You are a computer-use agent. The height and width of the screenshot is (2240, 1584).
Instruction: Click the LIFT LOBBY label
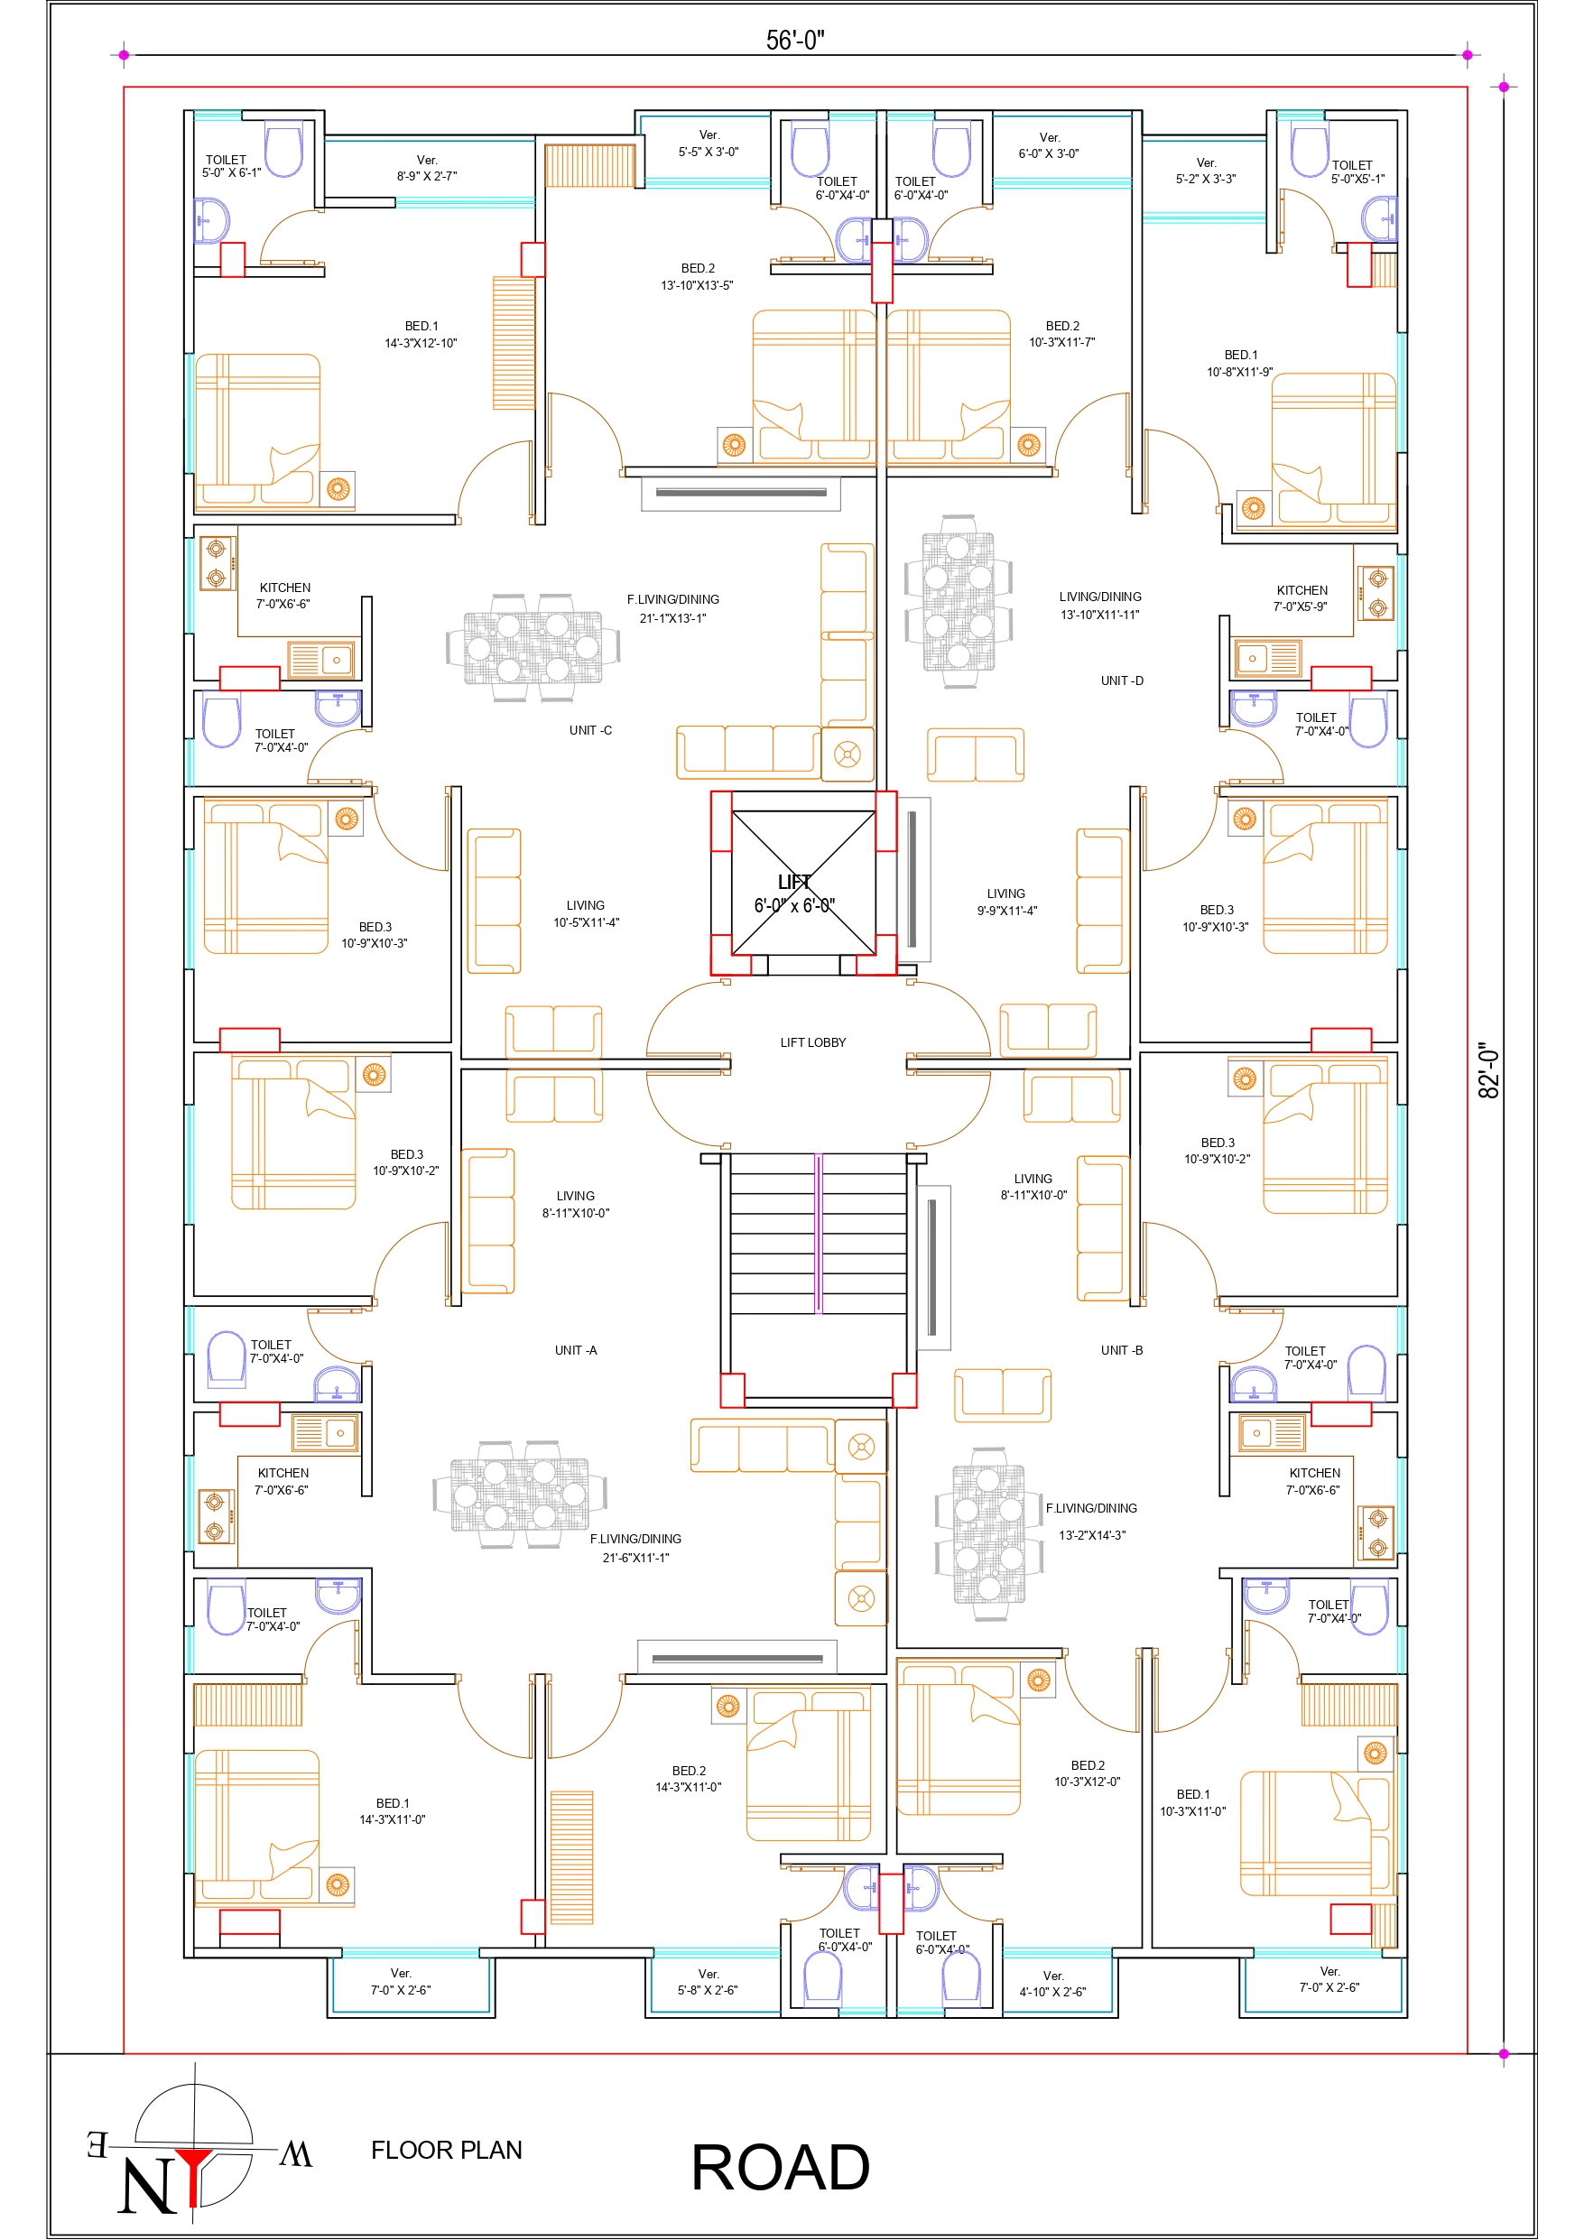(812, 1042)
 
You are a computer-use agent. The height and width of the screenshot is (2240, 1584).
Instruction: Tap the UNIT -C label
(590, 730)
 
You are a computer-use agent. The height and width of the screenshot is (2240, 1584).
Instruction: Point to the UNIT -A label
(576, 1350)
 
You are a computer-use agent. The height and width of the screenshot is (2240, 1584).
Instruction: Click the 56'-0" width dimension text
(794, 39)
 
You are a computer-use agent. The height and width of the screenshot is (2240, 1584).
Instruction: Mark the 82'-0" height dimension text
(1488, 1069)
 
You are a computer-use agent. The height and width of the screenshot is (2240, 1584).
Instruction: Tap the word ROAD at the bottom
(780, 2168)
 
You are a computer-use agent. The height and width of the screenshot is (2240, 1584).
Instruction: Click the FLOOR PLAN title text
(446, 2151)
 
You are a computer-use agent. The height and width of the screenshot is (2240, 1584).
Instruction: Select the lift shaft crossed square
(803, 883)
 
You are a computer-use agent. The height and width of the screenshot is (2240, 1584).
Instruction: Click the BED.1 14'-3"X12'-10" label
(421, 335)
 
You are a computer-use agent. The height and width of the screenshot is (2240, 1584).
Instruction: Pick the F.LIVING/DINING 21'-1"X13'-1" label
(672, 609)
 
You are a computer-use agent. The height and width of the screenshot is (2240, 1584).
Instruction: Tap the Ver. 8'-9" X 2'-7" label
(427, 168)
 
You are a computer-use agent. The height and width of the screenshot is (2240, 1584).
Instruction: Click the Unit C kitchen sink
(320, 661)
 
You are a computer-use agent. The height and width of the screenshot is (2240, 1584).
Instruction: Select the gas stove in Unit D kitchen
(1377, 593)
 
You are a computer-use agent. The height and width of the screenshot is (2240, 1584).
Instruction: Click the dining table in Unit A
(520, 1495)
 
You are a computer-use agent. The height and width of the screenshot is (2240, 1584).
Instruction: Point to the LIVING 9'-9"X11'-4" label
(1006, 902)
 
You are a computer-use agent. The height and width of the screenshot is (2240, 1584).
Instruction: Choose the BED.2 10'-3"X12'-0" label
(1087, 1773)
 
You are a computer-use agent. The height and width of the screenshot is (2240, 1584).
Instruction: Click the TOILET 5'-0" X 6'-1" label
(231, 166)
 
